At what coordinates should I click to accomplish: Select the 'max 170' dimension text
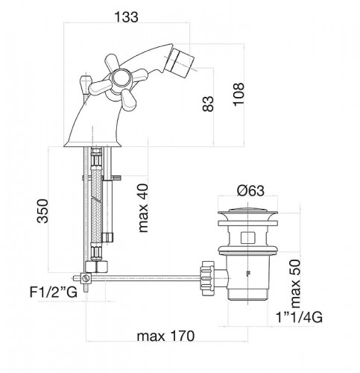click(x=162, y=337)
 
